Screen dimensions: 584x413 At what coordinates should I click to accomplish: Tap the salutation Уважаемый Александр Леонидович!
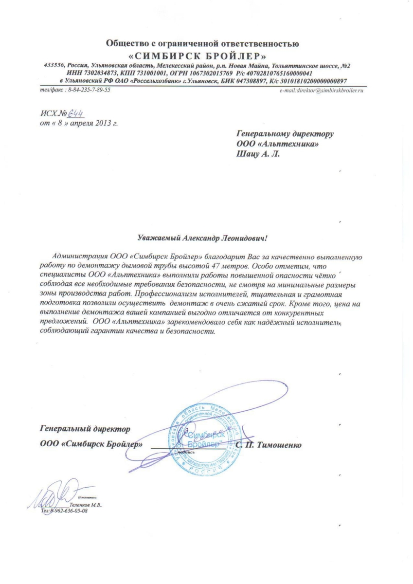[203, 238]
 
